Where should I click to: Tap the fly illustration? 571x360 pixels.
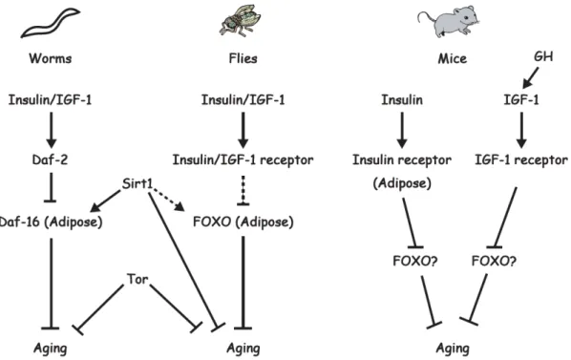point(240,20)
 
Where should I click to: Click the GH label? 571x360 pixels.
point(543,56)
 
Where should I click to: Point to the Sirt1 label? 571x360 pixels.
point(137,183)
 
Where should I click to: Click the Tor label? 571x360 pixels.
point(137,279)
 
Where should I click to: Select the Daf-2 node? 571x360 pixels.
point(50,159)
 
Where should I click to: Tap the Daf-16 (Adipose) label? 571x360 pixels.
point(51,222)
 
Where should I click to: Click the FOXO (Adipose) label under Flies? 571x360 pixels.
point(243,222)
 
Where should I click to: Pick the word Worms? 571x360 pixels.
point(51,58)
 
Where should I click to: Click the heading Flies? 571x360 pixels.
point(243,58)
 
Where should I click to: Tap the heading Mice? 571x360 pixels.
point(453,58)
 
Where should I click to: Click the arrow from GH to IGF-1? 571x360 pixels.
point(530,78)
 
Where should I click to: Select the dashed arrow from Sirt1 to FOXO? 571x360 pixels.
point(168,200)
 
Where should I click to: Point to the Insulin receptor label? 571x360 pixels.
point(402,159)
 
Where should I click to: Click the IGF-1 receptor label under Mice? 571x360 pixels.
point(521,159)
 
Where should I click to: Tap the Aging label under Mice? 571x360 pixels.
point(453,349)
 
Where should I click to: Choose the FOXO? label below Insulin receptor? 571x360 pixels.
point(415,261)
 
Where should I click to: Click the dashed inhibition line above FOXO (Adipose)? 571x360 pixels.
point(243,191)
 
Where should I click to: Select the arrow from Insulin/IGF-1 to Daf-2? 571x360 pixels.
point(51,130)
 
